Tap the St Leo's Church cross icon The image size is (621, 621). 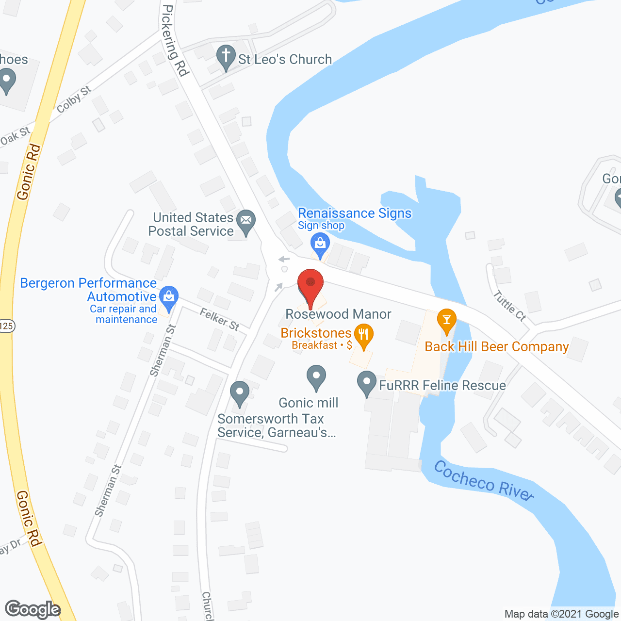(x=226, y=57)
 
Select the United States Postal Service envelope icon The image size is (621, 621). (x=246, y=222)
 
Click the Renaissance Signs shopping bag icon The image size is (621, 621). (x=320, y=245)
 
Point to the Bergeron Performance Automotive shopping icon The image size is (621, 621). (x=169, y=297)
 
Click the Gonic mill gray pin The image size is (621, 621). (x=316, y=377)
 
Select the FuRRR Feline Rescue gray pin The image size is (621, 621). (x=367, y=383)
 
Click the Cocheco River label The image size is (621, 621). (x=484, y=480)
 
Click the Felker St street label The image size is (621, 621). (x=220, y=320)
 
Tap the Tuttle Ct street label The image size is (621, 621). (x=509, y=306)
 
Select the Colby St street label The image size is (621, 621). (x=74, y=99)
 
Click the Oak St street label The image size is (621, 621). (x=15, y=137)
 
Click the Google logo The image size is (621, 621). (x=33, y=609)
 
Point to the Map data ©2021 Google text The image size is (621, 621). (x=561, y=614)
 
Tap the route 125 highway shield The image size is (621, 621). (x=6, y=326)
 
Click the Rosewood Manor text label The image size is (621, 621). (x=338, y=314)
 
